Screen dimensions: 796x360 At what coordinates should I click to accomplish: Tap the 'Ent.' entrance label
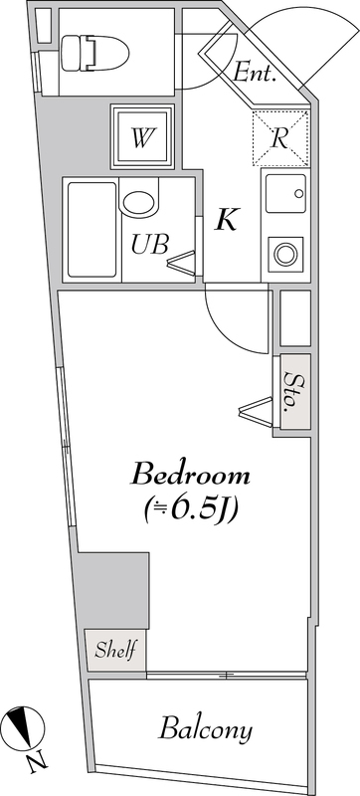255,72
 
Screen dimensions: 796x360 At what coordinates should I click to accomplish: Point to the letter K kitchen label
227,220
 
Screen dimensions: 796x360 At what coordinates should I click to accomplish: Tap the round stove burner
286,252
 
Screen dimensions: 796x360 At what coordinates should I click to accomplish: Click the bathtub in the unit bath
90,230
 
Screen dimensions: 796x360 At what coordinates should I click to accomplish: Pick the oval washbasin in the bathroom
140,200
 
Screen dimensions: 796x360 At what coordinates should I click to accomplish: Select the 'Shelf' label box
116,652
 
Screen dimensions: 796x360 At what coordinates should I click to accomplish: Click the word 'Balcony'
206,730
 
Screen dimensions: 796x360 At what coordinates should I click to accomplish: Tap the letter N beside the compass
37,764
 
